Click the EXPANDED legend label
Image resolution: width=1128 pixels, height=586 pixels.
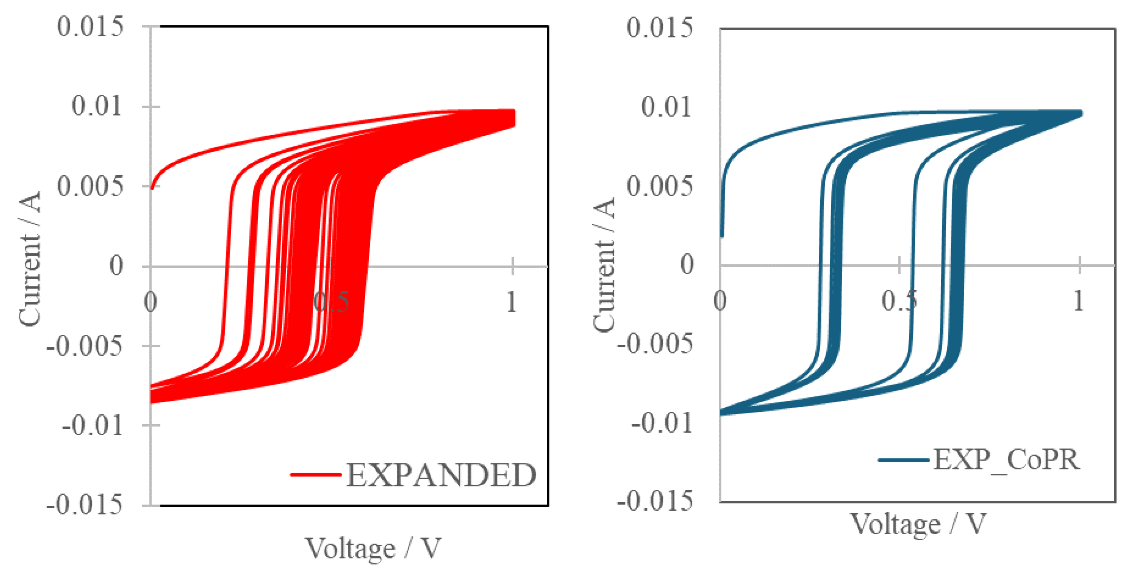(x=441, y=475)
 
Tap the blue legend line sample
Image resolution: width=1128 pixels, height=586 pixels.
(x=903, y=460)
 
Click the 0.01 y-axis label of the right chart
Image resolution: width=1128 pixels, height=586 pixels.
(x=666, y=106)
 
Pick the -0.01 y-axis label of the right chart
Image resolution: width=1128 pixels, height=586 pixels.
(x=662, y=423)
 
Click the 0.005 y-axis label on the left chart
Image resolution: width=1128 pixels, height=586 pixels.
(x=90, y=186)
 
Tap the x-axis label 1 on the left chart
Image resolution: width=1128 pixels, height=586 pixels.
(x=512, y=302)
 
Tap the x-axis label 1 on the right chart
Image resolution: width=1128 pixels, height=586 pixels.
(x=1079, y=301)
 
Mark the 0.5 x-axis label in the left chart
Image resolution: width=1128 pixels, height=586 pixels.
(x=331, y=302)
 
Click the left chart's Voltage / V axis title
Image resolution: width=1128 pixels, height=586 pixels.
(x=373, y=548)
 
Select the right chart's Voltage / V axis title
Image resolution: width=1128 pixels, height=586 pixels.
(x=918, y=524)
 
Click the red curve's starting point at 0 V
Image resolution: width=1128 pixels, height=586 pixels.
(x=152, y=188)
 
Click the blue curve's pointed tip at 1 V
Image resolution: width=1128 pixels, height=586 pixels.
(x=1081, y=113)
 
